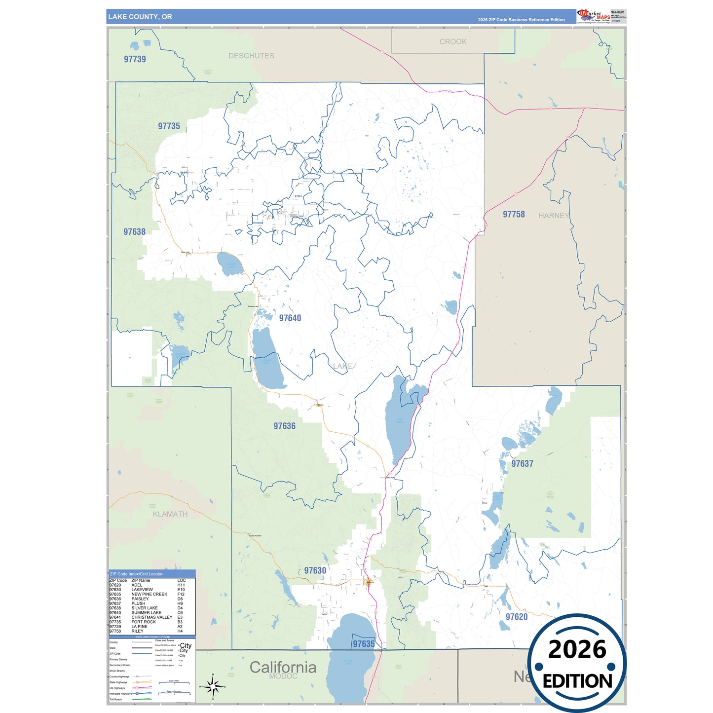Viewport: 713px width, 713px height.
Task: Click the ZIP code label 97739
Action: click(x=135, y=59)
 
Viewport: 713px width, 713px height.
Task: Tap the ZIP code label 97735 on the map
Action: click(x=169, y=126)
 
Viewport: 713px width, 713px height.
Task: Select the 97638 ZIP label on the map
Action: click(x=134, y=232)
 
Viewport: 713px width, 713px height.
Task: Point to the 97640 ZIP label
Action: click(x=290, y=318)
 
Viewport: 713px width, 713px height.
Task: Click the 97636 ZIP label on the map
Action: click(x=285, y=426)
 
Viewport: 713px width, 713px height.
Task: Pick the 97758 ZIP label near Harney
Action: click(x=514, y=215)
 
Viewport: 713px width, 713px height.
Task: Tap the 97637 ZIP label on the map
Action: click(x=522, y=464)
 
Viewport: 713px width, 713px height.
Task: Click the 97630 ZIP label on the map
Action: click(x=315, y=571)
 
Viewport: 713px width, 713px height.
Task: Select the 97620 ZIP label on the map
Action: click(x=517, y=617)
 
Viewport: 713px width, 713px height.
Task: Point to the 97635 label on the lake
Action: click(x=364, y=644)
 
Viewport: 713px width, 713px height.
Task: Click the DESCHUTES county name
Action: click(x=251, y=56)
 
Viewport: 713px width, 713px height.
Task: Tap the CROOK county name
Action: click(x=453, y=42)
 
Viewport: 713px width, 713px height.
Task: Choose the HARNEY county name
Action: click(x=554, y=216)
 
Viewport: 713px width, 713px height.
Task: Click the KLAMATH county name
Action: click(x=170, y=514)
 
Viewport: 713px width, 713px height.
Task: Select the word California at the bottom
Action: click(x=283, y=667)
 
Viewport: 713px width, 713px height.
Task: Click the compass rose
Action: click(x=213, y=686)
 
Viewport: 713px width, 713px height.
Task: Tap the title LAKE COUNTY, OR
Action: click(x=140, y=17)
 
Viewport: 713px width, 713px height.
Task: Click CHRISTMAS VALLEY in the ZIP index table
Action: click(x=152, y=617)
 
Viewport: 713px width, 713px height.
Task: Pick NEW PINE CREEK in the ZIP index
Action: click(x=149, y=594)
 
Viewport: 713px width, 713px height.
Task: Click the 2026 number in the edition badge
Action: click(x=577, y=649)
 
